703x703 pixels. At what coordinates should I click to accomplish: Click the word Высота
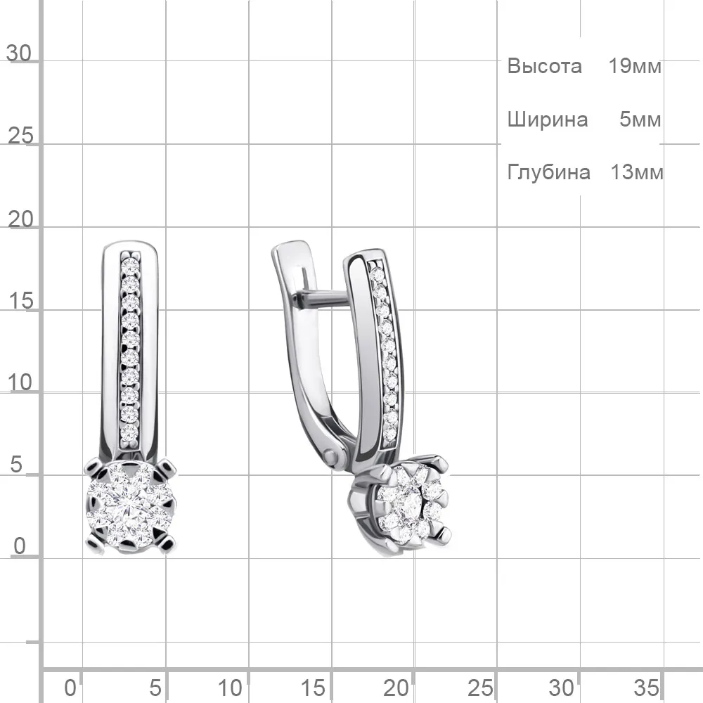tap(544, 66)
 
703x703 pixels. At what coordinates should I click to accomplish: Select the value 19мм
tap(635, 66)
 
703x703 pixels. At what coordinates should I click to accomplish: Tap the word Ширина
tap(548, 120)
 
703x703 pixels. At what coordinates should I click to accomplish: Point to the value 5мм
tap(640, 120)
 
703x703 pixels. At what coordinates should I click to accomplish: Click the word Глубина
tap(549, 172)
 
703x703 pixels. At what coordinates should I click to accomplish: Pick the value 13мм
tap(637, 172)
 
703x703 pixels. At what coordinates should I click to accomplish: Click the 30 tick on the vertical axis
tap(19, 53)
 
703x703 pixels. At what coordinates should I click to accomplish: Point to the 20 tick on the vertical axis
tap(20, 219)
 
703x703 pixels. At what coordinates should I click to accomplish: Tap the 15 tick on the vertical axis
tap(20, 301)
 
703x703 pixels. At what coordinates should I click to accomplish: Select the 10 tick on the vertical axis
tap(20, 383)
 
